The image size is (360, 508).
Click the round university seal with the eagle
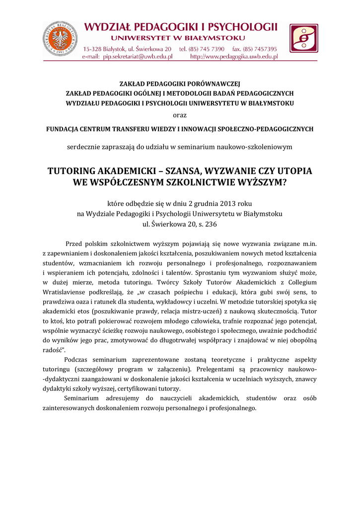coord(60,38)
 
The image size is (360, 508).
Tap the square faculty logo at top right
coord(304,38)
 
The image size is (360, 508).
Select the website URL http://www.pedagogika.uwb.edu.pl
coord(234,57)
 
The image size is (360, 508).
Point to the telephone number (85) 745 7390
coord(206,49)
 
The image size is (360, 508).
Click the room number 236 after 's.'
coord(211,224)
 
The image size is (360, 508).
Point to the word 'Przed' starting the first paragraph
coord(75,243)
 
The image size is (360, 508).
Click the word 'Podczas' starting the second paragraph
coord(77,359)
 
